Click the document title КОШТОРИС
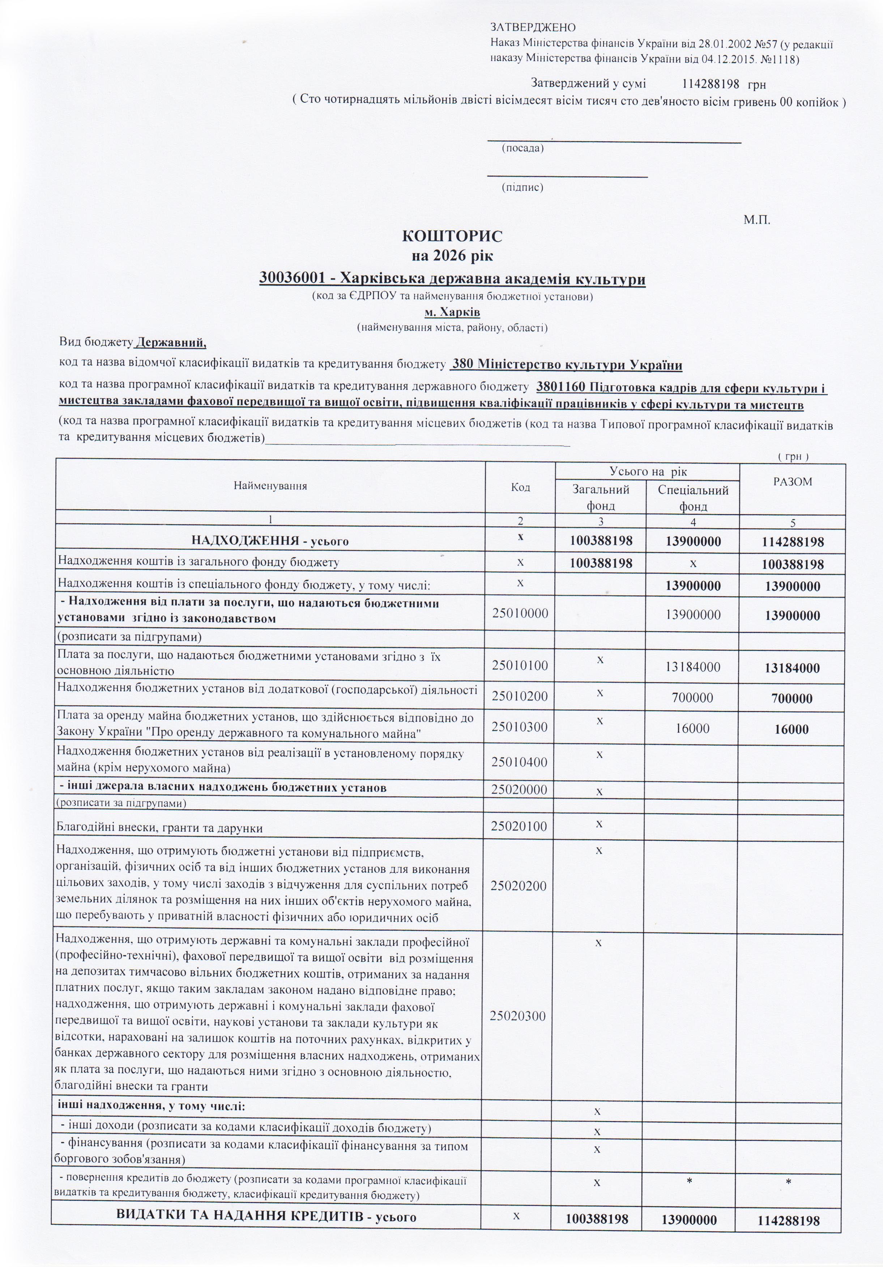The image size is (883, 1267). point(452,236)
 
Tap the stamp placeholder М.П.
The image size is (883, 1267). point(756,220)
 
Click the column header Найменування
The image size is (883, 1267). point(270,486)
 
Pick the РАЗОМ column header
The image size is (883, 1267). point(793,482)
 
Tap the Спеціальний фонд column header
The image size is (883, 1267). point(693,498)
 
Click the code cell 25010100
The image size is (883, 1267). point(520,665)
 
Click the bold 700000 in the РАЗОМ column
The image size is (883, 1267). point(793,699)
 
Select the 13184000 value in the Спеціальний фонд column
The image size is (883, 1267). point(692,667)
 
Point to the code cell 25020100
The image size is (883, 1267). point(520,826)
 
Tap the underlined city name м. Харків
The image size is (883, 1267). point(452,313)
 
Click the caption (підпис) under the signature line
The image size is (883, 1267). point(522,187)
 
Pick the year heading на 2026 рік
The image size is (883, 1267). point(452,256)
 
